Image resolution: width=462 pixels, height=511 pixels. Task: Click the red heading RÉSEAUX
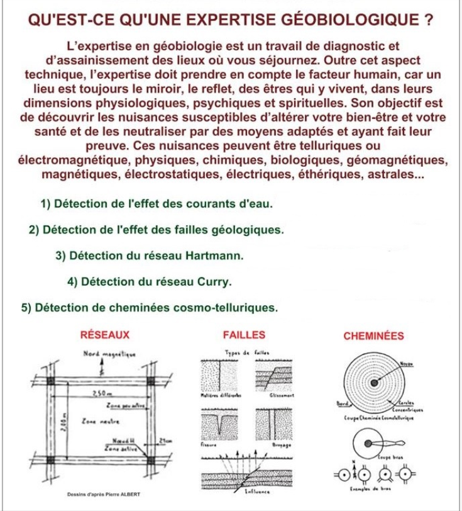(x=106, y=335)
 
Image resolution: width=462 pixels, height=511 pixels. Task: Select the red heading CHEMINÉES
(x=374, y=335)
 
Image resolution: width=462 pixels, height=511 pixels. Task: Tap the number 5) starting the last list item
(x=26, y=308)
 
